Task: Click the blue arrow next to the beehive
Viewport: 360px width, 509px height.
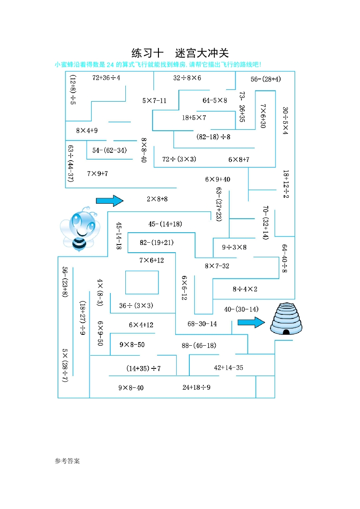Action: pos(251,322)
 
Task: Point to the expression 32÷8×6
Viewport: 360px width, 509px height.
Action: pos(187,78)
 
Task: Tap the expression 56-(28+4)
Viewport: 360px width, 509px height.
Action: pos(266,79)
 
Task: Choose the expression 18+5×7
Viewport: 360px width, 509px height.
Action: pos(194,117)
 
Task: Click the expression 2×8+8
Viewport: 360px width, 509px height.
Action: pos(157,199)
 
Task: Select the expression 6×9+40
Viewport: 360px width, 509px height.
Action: pos(217,179)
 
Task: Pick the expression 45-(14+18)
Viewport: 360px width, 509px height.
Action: pos(165,224)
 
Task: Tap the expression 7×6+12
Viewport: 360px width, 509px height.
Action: pos(152,260)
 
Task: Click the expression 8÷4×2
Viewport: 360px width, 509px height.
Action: pos(245,289)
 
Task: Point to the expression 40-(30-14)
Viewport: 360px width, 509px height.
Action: pos(241,309)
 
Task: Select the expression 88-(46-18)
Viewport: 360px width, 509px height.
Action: pos(199,345)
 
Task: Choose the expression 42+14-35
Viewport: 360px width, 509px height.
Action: pos(228,367)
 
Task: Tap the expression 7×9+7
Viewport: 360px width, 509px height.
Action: pos(97,173)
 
